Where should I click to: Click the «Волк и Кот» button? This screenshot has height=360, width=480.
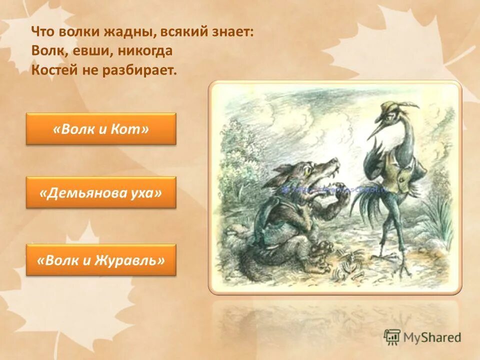pyautogui.click(x=101, y=129)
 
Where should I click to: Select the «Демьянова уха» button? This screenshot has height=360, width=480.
pyautogui.click(x=101, y=192)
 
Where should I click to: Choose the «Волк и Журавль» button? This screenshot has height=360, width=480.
pyautogui.click(x=101, y=260)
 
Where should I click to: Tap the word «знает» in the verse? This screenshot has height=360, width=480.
pyautogui.click(x=233, y=32)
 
